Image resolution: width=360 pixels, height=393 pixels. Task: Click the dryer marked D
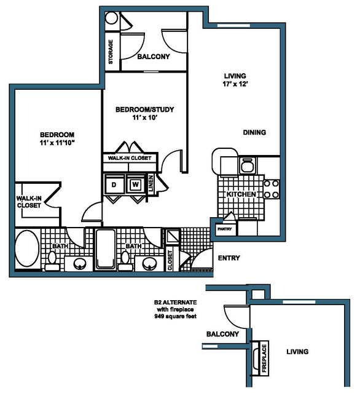coord(114,185)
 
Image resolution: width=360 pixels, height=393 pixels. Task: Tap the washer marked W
coord(135,185)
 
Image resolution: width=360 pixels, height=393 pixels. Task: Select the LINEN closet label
coord(151,184)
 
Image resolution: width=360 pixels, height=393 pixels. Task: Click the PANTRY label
coord(225,229)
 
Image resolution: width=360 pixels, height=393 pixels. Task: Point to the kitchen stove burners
coord(272,189)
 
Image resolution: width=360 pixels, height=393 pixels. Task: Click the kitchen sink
coord(248,165)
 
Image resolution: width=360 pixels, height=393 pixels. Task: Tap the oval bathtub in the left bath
coord(27,249)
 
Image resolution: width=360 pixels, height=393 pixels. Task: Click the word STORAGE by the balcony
coord(111,52)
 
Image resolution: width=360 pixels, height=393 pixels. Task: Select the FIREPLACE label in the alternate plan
coord(264,358)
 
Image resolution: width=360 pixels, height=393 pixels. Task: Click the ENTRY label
coord(229,258)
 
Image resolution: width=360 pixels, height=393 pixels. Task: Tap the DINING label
coord(254,132)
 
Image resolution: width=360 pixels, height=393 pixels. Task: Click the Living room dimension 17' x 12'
coord(235,84)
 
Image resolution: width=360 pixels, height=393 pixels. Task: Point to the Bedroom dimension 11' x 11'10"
coord(57,143)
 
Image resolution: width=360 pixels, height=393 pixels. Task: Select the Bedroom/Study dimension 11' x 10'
coord(145,117)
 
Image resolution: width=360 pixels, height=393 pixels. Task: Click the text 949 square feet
coord(175,316)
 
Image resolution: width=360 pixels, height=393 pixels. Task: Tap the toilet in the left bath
coord(52,261)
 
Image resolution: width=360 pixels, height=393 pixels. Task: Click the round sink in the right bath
coord(150,264)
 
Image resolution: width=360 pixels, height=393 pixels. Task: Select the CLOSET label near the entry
coord(170,260)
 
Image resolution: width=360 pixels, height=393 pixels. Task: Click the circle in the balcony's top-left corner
coord(111,18)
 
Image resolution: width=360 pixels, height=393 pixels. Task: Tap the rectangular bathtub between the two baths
coord(106,249)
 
